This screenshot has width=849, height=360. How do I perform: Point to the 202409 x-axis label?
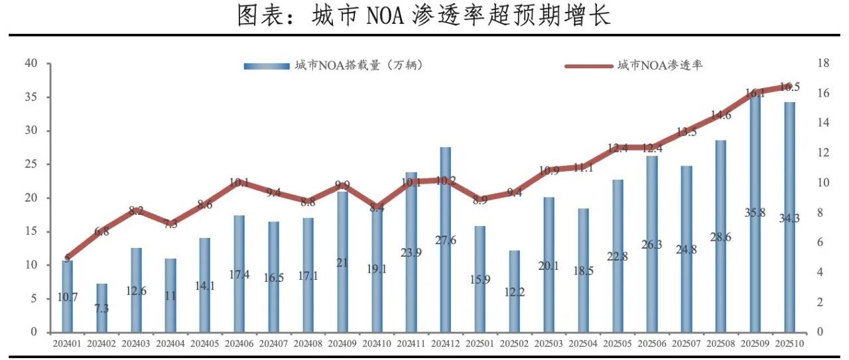point(342,343)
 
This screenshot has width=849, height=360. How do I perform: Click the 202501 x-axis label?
point(480,343)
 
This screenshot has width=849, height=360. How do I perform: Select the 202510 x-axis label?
point(789,343)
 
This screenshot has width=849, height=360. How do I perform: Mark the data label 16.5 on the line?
point(789,87)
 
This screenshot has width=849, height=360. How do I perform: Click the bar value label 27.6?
point(445,241)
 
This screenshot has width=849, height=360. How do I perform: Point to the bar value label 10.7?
point(68,297)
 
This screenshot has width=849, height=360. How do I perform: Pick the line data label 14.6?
point(721,115)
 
